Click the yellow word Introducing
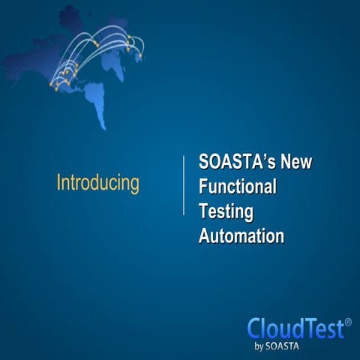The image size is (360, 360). [x=98, y=183]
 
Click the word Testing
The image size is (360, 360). [x=226, y=212]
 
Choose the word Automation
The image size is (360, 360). [x=241, y=236]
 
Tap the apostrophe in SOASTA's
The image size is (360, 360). [x=262, y=157]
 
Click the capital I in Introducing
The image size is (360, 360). [x=59, y=183]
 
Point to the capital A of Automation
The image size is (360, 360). [x=204, y=236]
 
